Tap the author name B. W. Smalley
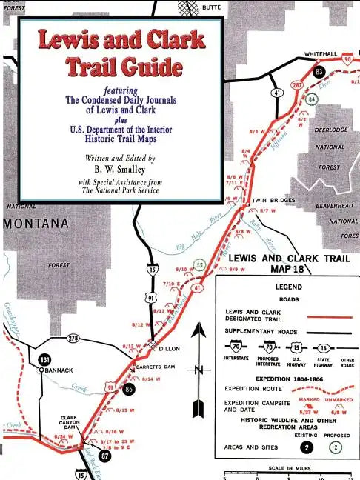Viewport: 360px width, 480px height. click(120, 169)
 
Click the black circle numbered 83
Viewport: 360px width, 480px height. click(319, 71)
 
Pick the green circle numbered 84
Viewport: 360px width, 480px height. click(312, 99)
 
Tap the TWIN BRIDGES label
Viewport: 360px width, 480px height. click(273, 200)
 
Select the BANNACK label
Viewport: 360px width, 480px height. click(56, 370)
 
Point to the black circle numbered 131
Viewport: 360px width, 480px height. click(43, 359)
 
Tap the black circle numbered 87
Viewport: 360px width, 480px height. click(104, 456)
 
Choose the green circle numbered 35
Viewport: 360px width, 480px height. click(199, 265)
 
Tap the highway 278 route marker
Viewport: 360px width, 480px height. click(73, 339)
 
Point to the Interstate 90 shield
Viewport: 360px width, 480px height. click(349, 58)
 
